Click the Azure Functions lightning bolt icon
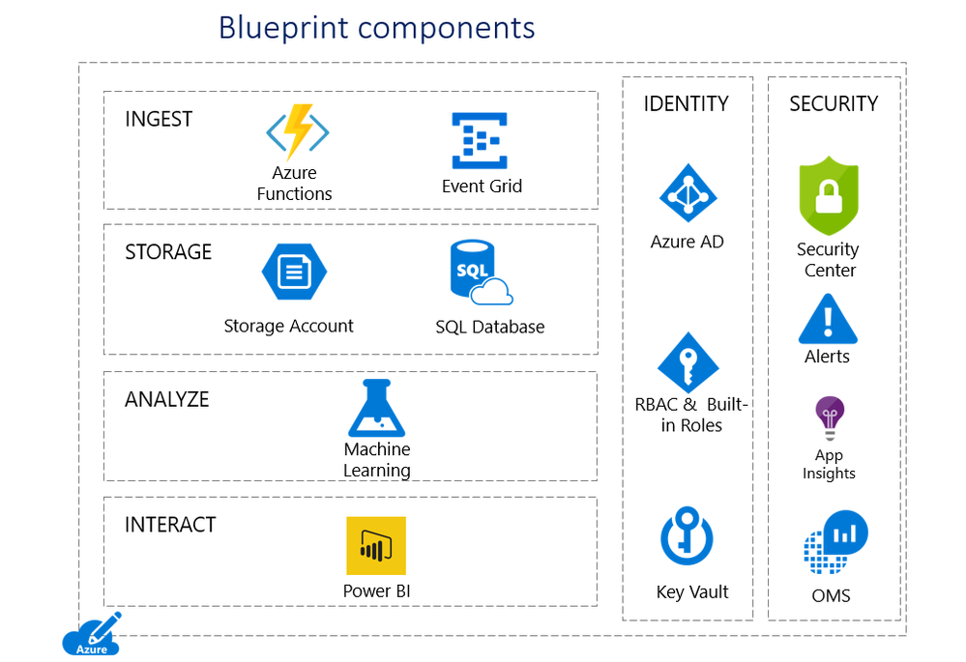[298, 132]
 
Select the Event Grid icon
[481, 141]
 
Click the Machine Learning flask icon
[376, 408]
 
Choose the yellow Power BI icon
[376, 546]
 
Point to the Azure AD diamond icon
[688, 193]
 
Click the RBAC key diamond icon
[688, 361]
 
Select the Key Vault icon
[687, 537]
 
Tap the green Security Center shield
[829, 195]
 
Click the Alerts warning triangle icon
[828, 319]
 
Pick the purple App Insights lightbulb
[829, 418]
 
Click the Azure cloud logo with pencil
[93, 635]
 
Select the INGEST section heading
[159, 120]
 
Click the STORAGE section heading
[168, 252]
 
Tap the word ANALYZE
[167, 400]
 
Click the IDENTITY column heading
[687, 104]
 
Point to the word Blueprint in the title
[281, 27]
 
